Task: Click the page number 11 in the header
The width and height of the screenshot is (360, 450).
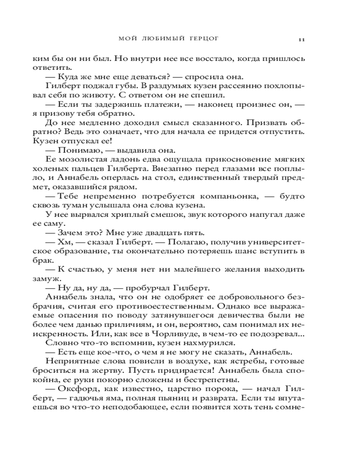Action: tap(301, 40)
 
